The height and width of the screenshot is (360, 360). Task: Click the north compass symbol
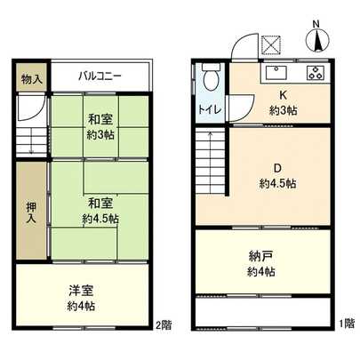tap(317, 39)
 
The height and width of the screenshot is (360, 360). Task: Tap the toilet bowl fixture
tap(210, 80)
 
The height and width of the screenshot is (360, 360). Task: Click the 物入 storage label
tap(31, 80)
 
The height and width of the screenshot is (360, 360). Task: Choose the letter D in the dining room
tap(276, 166)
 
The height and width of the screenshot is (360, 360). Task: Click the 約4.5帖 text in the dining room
tap(278, 182)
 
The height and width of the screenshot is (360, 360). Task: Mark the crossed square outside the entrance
tap(270, 45)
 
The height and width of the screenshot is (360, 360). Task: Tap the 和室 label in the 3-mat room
tap(100, 118)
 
